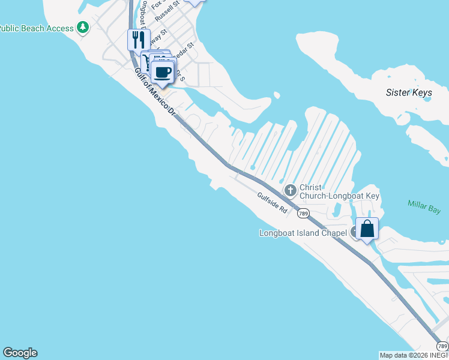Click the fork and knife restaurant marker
pos(139,40)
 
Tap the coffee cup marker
pos(163,73)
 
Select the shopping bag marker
pos(367,229)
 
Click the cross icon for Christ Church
pos(291,191)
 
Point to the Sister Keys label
pos(409,93)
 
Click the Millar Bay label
pos(424,208)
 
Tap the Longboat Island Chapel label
pos(303,233)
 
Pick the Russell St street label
pos(167,12)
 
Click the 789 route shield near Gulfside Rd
pos(304,214)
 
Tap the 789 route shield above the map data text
pos(442,346)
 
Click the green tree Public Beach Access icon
pos(83,27)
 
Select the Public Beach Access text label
pos(35,28)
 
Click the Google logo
pos(20,353)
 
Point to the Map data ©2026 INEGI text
pos(414,355)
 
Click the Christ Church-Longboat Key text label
pos(339,192)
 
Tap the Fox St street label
pos(158,4)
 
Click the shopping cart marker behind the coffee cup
pos(147,60)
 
